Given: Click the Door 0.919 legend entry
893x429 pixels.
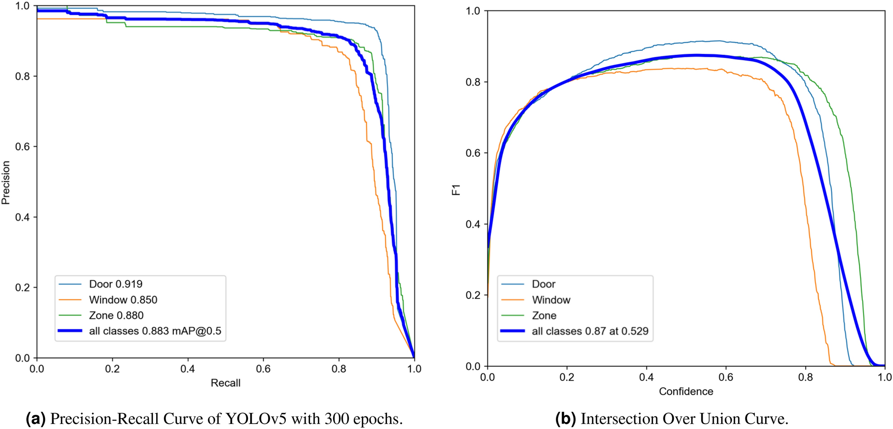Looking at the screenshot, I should point(116,284).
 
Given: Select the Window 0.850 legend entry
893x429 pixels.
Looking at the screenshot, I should point(123,300).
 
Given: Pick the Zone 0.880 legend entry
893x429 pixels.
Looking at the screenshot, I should point(116,315).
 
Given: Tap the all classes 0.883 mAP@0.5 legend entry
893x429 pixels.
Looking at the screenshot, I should point(155,331).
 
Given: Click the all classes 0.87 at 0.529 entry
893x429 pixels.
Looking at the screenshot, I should point(590,331).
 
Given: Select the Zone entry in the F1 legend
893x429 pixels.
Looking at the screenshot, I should point(544,315).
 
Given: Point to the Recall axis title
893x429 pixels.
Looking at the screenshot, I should point(226,383).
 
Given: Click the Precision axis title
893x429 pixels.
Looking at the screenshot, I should point(6,183).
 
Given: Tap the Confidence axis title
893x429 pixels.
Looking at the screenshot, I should point(686,392).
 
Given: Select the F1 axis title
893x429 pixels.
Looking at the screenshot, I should point(456,190).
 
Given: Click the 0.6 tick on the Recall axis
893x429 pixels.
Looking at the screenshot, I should point(263,369).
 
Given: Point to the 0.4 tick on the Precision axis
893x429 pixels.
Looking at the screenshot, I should point(23,217).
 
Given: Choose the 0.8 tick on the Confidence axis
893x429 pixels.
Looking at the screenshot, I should point(805,377).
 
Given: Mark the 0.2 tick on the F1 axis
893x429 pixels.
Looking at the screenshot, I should point(473,295).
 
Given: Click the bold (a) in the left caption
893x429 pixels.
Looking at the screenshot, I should point(36,419).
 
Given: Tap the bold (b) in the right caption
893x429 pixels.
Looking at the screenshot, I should point(565,419).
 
